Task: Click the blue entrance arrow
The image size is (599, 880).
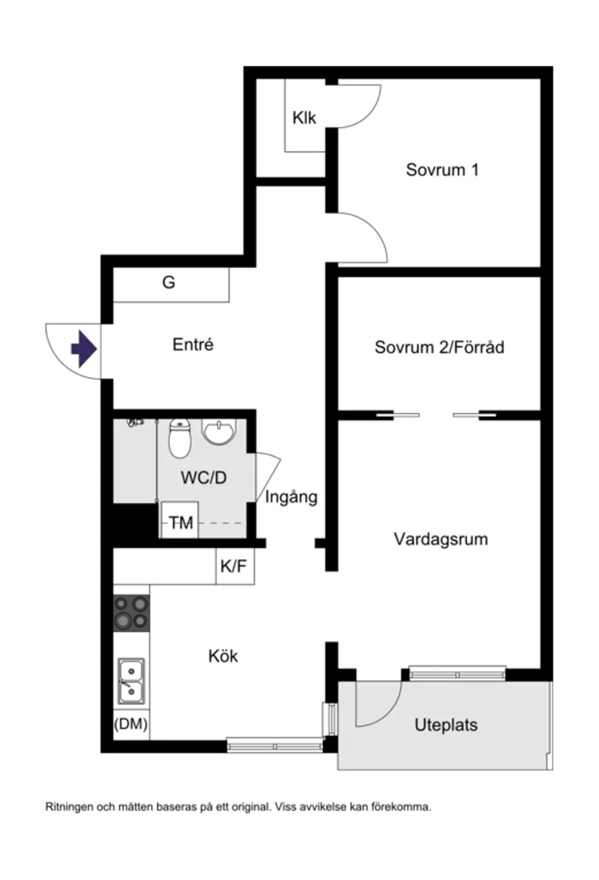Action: [83, 350]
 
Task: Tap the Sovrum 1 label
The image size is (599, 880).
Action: [441, 171]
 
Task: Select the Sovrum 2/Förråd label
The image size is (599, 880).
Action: [439, 347]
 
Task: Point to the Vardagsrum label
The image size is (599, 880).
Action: [441, 539]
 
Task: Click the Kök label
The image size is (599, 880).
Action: [223, 656]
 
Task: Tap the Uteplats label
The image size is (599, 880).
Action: [446, 724]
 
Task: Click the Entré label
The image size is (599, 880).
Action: [193, 344]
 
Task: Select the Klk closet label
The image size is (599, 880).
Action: [304, 118]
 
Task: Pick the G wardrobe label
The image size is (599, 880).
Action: [168, 283]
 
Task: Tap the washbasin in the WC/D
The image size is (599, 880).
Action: [219, 433]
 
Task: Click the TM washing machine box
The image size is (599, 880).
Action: [180, 522]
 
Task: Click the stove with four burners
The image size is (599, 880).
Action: [131, 612]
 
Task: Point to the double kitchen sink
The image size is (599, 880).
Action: [131, 680]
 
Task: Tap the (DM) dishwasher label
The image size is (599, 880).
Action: [131, 724]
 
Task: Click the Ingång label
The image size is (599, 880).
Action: [291, 498]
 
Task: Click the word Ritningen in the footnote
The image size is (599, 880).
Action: [68, 807]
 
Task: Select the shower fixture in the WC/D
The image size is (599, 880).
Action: [135, 421]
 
